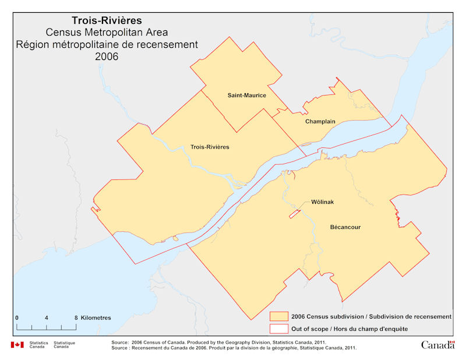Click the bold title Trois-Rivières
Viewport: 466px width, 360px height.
point(107,21)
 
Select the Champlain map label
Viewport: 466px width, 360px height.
point(320,122)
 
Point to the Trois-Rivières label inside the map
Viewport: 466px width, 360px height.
point(210,147)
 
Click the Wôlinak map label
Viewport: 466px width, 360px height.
point(322,202)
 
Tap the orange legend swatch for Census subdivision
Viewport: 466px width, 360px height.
point(280,316)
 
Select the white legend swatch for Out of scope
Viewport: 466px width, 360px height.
point(280,329)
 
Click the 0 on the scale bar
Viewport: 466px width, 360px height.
point(17,317)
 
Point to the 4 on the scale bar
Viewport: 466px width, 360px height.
point(46,317)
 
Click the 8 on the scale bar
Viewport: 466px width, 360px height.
point(76,317)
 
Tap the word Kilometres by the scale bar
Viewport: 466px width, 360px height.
point(96,317)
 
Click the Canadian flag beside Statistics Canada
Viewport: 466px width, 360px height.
point(17,345)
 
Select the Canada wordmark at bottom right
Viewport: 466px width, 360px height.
point(437,345)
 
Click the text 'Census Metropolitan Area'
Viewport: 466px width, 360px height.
point(107,33)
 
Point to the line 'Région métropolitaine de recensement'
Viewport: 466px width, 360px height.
point(107,44)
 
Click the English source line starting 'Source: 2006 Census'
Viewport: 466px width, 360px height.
point(218,342)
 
